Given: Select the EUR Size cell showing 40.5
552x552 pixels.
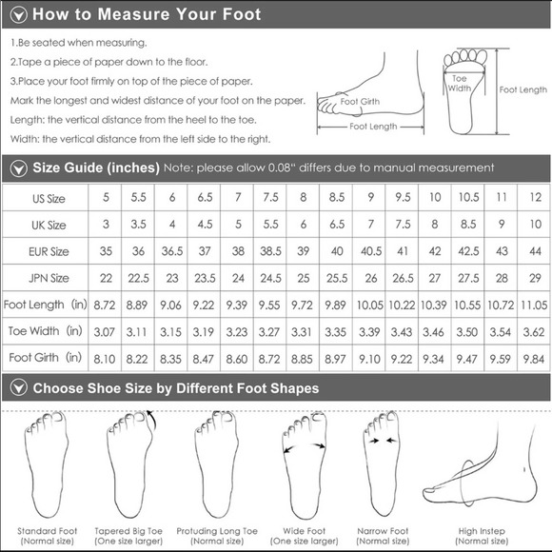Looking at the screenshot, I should point(370,252).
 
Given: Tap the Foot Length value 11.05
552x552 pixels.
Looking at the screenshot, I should point(535,305).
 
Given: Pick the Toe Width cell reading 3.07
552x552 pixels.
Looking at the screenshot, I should point(104,331).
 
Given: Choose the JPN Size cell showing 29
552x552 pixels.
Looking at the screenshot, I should point(535,278).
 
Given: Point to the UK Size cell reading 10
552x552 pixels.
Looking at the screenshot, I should point(535,226).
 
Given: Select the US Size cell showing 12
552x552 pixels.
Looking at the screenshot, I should point(535,198).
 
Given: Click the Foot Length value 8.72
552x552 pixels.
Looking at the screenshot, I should point(104,305).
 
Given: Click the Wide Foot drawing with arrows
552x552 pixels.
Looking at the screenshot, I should point(304,462).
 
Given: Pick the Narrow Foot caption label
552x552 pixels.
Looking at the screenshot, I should point(384,530).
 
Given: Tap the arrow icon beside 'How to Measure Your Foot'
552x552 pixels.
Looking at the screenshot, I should point(17,15).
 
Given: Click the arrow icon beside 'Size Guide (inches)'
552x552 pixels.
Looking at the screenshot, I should point(17,168).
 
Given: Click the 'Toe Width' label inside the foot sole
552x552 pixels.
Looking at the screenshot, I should point(460,83).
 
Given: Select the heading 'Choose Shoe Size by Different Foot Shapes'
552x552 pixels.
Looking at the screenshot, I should point(176,388).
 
